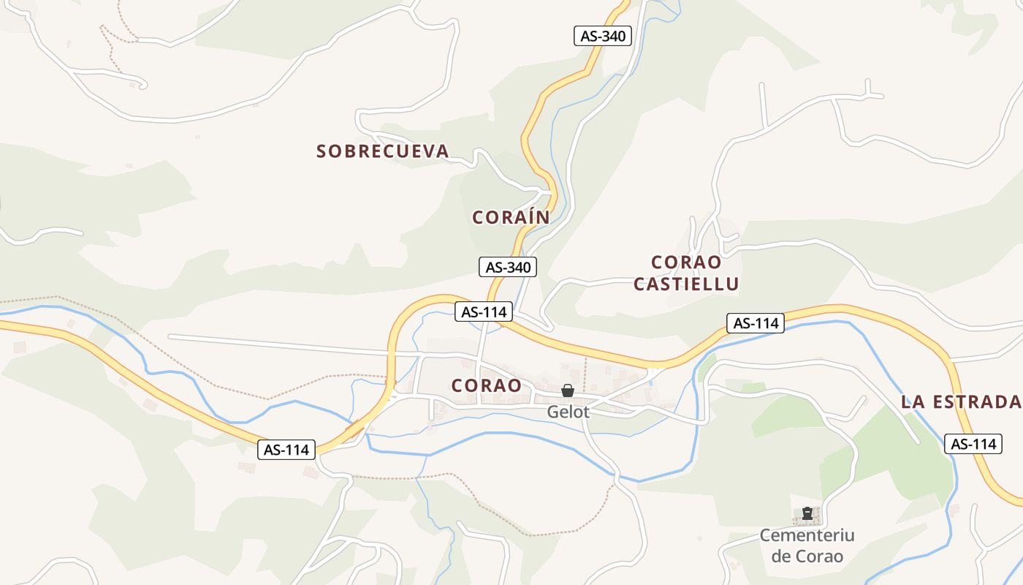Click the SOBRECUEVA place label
382,151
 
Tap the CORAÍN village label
511,217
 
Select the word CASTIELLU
686,284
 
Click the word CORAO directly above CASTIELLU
686,262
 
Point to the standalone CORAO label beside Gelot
486,385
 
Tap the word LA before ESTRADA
913,401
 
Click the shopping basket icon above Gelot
568,391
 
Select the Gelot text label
568,412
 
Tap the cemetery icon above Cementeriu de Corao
807,514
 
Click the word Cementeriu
807,535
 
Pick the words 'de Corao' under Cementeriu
807,556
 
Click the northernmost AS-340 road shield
602,36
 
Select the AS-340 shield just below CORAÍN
508,267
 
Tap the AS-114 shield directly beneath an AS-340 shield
484,312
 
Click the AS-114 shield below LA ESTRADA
973,443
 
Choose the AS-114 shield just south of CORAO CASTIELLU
756,323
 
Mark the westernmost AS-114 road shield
286,450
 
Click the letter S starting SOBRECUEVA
322,151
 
